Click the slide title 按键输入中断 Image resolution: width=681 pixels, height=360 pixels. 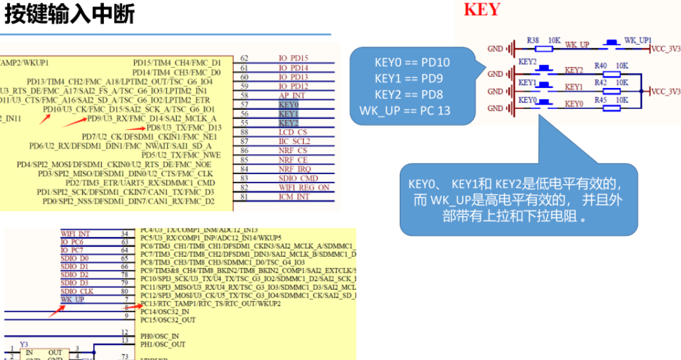[69, 14]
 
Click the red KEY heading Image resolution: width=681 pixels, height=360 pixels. [482, 10]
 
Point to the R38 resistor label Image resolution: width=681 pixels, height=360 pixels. [533, 41]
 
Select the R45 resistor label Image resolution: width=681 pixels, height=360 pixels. [600, 100]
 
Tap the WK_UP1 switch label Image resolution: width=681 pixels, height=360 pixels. [638, 40]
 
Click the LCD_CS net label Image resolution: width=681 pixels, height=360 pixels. [293, 132]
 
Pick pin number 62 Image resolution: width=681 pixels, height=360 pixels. [245, 58]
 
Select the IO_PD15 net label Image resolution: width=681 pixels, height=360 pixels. [293, 58]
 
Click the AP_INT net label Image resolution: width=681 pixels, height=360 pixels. [291, 95]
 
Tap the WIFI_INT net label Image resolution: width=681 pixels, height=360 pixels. [76, 233]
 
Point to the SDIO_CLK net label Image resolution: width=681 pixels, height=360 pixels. [78, 291]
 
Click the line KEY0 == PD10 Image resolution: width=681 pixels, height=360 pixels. [412, 63]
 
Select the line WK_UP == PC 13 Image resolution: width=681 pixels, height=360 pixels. [405, 110]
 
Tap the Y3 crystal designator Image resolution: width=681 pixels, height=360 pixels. [24, 344]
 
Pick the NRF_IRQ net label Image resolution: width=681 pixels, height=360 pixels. [293, 169]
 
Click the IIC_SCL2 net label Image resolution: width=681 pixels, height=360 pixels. [294, 141]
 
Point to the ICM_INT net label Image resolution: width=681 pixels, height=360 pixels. [294, 196]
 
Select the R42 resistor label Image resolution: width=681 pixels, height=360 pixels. [600, 83]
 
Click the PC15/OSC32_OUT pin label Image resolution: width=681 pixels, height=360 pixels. [168, 320]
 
